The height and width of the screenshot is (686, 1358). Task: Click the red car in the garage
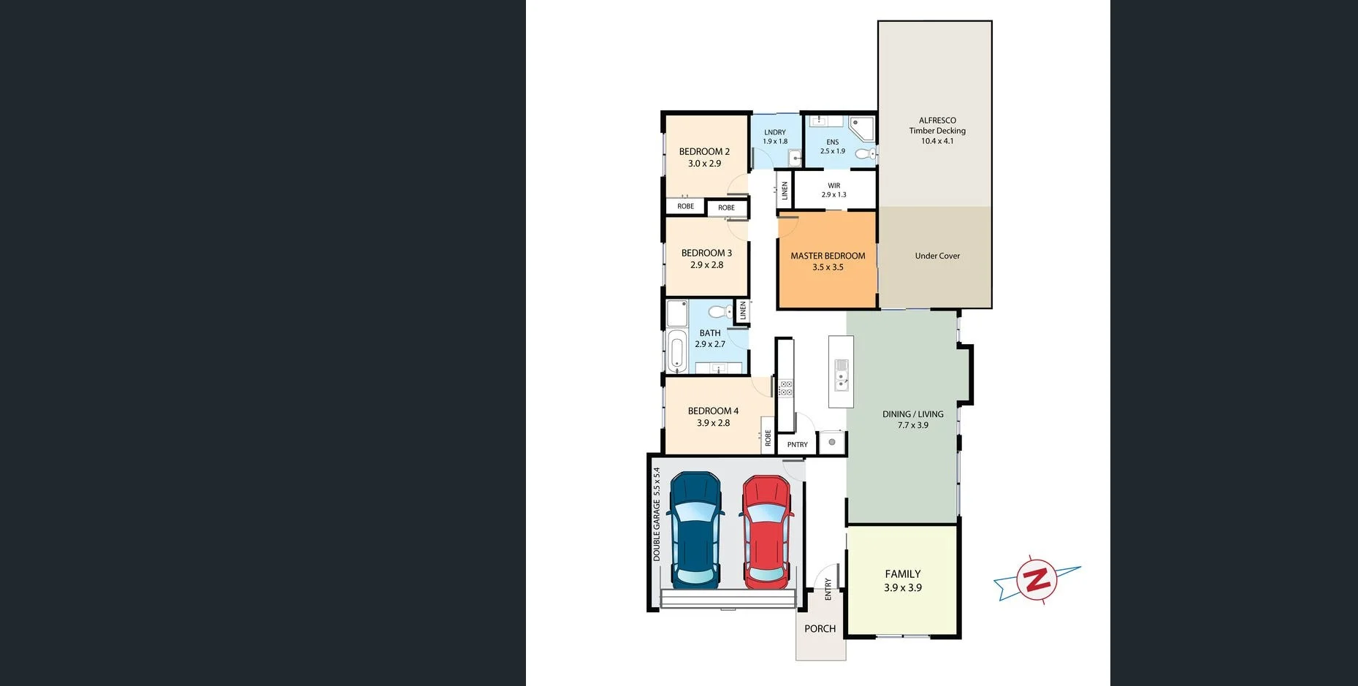pos(766,532)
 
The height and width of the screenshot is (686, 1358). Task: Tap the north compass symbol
pos(1036,580)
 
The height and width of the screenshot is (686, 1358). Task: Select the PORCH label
pos(820,628)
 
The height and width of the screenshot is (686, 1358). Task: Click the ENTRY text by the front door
pos(828,589)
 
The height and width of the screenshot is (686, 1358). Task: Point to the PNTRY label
pos(797,444)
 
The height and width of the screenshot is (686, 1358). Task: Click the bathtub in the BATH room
pos(676,351)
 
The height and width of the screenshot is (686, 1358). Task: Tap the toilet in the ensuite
pos(866,153)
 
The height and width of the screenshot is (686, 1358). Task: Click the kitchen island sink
pos(842,373)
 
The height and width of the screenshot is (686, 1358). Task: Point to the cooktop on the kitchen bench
pos(785,388)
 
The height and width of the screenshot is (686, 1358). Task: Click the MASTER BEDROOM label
pos(828,261)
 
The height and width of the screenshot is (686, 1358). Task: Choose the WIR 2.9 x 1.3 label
pos(834,190)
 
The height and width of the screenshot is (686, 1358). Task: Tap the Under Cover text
pos(937,256)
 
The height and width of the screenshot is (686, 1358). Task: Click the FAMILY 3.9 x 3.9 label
pos(903,581)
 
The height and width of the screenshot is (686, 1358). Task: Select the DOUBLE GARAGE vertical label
pos(656,514)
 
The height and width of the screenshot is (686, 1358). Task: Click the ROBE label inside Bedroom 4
pos(768,438)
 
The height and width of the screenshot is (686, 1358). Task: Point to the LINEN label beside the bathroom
pos(743,310)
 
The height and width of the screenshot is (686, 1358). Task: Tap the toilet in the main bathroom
pos(718,313)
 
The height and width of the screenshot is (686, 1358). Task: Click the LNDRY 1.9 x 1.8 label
pos(775,137)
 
